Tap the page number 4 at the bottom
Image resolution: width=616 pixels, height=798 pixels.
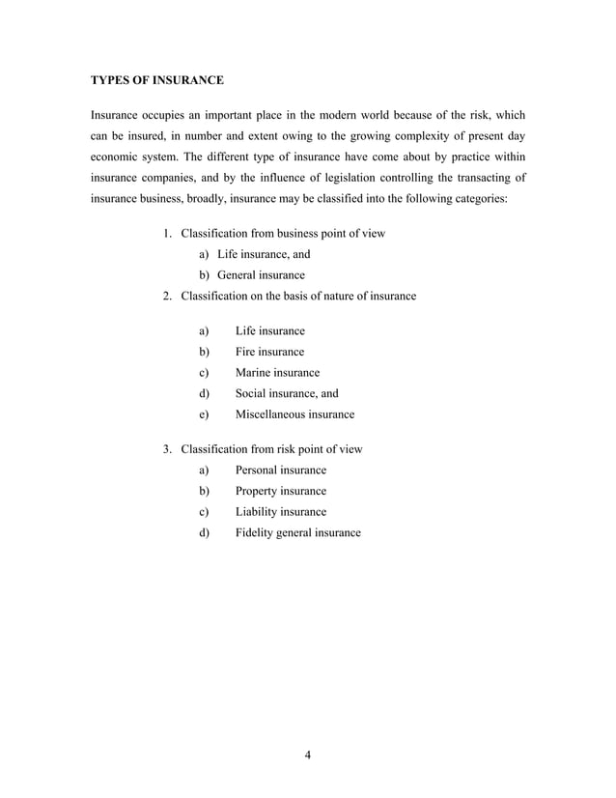point(307,755)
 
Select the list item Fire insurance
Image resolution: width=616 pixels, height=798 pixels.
point(269,352)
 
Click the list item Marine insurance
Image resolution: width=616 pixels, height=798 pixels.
point(277,373)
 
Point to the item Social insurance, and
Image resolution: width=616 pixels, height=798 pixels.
point(287,393)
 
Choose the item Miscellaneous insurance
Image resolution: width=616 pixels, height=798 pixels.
point(294,414)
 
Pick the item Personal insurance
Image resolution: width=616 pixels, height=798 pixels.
point(281,470)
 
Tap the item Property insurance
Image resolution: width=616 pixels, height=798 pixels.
point(281,491)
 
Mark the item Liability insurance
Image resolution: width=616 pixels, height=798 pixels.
point(281,512)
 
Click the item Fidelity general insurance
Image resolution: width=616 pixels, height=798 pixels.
point(297,533)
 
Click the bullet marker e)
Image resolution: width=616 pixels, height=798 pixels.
point(204,414)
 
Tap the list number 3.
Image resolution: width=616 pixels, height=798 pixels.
point(167,449)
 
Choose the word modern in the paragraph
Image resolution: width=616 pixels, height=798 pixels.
point(313,113)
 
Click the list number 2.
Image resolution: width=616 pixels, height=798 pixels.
point(167,296)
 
